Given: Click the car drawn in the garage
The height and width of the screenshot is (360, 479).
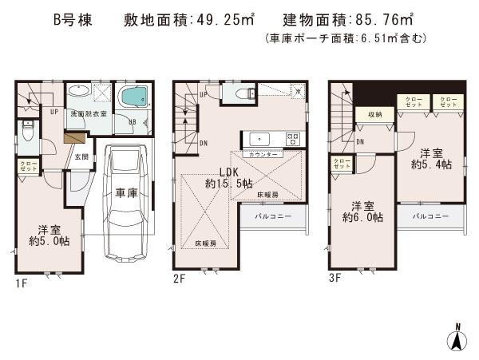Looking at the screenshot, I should (x=125, y=200).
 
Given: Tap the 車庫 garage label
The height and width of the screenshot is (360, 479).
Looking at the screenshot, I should (x=126, y=192).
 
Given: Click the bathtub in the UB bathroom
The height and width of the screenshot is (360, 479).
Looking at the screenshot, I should (x=131, y=100).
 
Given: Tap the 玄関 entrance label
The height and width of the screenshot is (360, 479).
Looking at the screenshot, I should (x=81, y=157).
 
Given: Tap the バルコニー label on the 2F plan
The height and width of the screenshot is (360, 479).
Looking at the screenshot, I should (x=274, y=216).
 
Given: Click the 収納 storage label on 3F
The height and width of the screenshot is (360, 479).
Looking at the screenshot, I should (x=374, y=115).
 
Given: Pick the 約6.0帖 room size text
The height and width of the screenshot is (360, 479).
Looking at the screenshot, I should (x=363, y=216).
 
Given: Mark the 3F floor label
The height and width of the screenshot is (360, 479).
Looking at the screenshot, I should (x=336, y=279).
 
